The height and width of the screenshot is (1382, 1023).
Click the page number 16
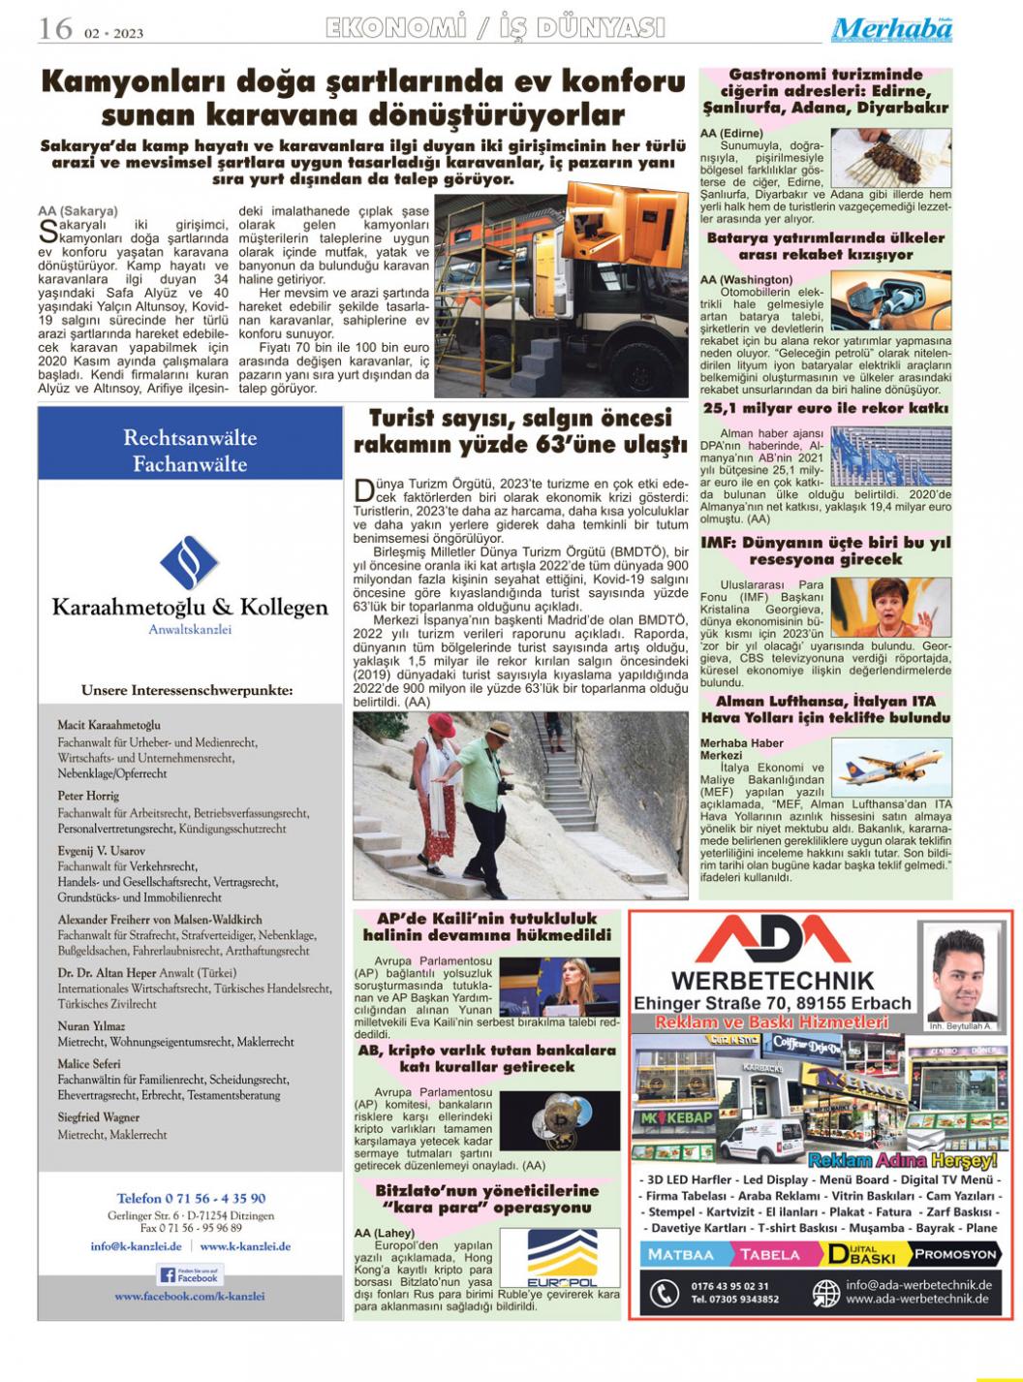pos(55,28)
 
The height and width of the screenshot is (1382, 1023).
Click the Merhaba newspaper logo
pos(891,29)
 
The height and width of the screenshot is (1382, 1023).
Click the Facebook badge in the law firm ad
pos(190,1274)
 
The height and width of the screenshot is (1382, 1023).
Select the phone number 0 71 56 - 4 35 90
pos(191,1198)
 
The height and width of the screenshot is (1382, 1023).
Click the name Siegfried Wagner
pos(99,1117)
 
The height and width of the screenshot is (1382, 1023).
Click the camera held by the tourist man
pos(505,785)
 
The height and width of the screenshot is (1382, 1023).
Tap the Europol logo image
pos(562,1258)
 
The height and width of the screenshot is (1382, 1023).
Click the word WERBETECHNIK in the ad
pos(772,981)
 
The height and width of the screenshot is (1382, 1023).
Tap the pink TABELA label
pos(770,1254)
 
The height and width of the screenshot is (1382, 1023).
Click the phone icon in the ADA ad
pos(664,1293)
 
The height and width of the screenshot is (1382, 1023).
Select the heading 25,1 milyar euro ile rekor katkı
pos(825,408)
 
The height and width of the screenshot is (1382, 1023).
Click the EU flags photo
pos(891,455)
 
